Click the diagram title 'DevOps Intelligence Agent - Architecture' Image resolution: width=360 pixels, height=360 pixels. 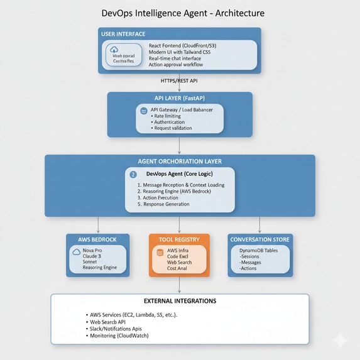(182, 13)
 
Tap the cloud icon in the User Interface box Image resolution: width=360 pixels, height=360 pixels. (114, 50)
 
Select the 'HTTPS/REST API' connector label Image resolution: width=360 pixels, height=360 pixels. (179, 81)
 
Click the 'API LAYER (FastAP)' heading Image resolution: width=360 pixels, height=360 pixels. (179, 98)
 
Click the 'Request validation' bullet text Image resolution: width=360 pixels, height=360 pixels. (173, 128)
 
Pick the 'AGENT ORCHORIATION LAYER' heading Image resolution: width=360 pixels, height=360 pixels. (180, 161)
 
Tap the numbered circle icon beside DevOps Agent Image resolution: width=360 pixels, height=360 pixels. (133, 173)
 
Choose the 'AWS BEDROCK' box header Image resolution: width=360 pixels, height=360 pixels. (97, 239)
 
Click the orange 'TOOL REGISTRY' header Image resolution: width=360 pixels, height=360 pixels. (179, 239)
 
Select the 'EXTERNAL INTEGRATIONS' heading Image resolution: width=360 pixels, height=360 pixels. (180, 300)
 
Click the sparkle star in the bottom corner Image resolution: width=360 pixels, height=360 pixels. (341, 341)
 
